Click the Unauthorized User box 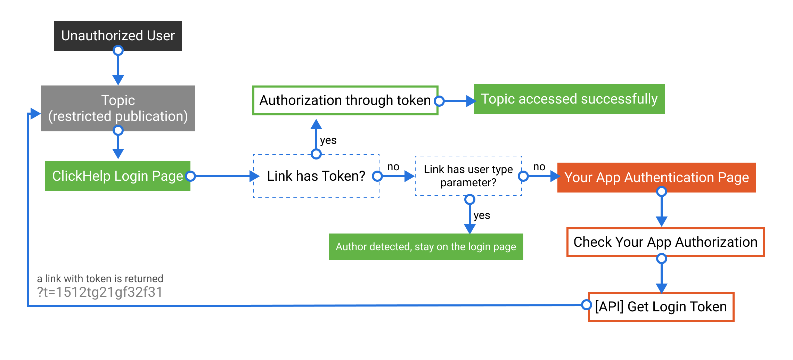click(118, 35)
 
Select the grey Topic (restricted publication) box click(118, 108)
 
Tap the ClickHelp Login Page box click(117, 176)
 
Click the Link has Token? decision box click(316, 176)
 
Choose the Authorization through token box click(345, 100)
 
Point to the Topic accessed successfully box click(569, 99)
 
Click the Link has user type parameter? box click(468, 176)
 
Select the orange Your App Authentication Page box click(656, 177)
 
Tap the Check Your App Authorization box click(665, 242)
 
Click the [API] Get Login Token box click(661, 307)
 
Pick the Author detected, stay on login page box click(426, 247)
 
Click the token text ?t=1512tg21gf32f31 click(100, 292)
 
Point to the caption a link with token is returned click(100, 279)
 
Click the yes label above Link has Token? click(328, 140)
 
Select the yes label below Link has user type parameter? click(482, 215)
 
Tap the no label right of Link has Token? click(393, 167)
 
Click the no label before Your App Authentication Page click(539, 167)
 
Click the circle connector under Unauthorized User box click(118, 51)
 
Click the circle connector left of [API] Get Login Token click(586, 305)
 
